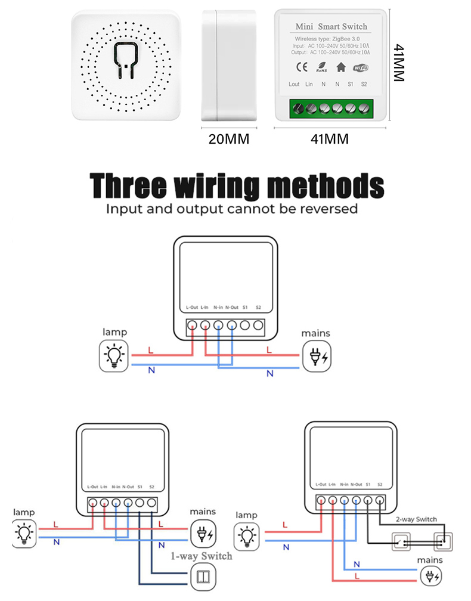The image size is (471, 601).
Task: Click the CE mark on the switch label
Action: (x=302, y=67)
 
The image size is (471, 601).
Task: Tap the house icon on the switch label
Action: (x=341, y=67)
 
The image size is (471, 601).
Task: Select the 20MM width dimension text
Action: (x=228, y=139)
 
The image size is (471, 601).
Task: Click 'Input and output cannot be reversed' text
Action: (x=232, y=209)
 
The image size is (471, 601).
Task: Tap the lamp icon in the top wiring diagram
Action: (x=113, y=356)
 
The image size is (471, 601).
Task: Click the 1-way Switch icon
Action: (x=200, y=577)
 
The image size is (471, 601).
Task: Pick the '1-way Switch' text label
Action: (x=202, y=556)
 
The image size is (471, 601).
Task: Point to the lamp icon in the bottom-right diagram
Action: (x=247, y=535)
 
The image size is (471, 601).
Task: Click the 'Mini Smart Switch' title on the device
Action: (x=331, y=27)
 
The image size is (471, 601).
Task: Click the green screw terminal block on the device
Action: (x=331, y=109)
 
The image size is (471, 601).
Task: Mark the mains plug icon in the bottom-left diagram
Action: (x=203, y=532)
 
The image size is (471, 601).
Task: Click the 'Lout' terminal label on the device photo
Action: (x=294, y=85)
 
